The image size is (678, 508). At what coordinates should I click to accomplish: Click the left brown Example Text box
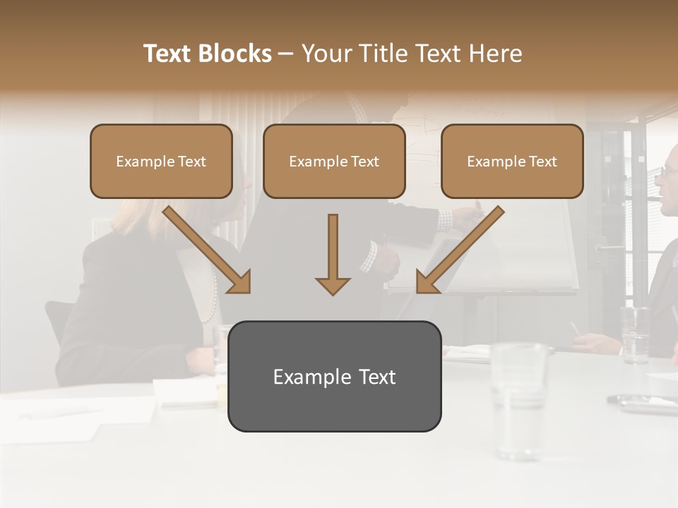click(161, 161)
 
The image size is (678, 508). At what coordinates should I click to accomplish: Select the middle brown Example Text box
click(334, 161)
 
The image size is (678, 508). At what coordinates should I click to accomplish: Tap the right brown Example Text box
click(512, 161)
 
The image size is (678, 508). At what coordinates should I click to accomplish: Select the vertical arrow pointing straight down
click(333, 255)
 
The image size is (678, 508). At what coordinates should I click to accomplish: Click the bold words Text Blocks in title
click(208, 54)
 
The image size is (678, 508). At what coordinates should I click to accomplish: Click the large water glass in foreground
click(519, 399)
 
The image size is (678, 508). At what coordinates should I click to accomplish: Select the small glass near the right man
click(635, 334)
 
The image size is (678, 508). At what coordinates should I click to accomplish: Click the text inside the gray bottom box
click(334, 377)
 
